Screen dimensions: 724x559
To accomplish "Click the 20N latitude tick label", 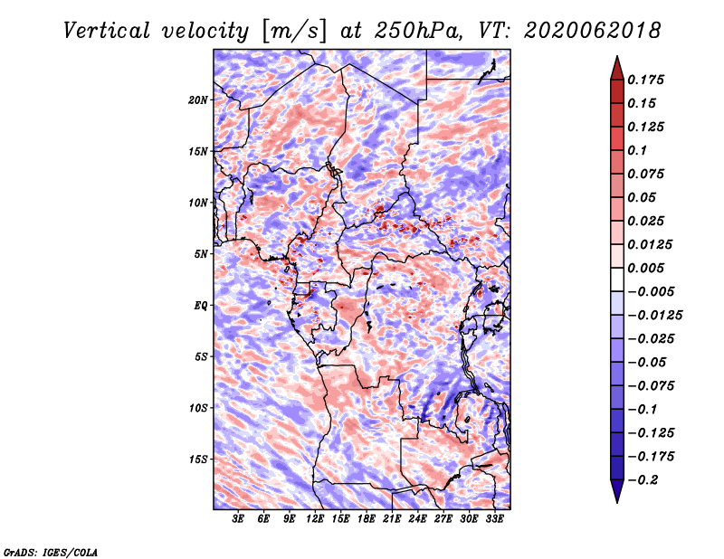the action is [x=197, y=100].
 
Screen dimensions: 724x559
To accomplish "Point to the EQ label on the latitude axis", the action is [x=200, y=306].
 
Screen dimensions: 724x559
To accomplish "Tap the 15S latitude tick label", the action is [x=198, y=460].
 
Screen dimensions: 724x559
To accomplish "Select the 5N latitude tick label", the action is [x=201, y=254].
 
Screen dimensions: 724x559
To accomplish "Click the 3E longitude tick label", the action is [x=238, y=518].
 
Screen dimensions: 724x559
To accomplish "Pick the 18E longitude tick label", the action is [x=367, y=518].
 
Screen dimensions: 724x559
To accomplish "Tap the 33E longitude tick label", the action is [x=494, y=518].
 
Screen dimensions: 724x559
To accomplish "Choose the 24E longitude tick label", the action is [x=417, y=518].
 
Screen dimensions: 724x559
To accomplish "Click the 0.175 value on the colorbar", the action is [x=645, y=80].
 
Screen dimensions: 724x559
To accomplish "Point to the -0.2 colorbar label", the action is [x=643, y=480].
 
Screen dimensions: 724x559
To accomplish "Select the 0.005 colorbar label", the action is [x=645, y=268].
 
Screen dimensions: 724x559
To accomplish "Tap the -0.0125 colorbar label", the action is [x=654, y=316].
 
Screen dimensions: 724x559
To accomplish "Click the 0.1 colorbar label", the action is [x=637, y=150].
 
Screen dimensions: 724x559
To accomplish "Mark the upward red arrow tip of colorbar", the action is [x=617, y=56].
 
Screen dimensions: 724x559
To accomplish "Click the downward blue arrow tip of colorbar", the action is [x=617, y=502].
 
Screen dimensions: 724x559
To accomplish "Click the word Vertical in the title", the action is [x=107, y=31].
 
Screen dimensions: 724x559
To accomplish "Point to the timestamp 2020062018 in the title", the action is [x=593, y=31].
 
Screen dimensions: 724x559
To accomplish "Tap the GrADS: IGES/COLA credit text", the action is [x=51, y=552].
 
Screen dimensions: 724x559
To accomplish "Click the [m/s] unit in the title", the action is [x=294, y=32].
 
